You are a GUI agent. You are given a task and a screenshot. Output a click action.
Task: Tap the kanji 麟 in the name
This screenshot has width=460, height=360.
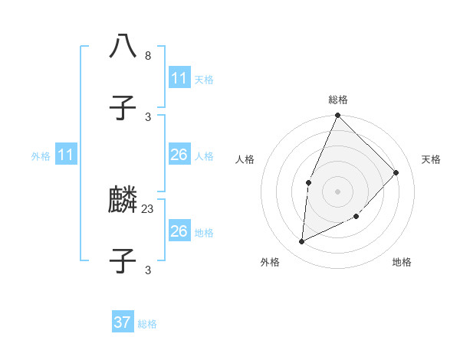(123, 201)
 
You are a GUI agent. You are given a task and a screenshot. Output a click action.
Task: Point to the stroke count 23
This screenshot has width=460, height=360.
(148, 208)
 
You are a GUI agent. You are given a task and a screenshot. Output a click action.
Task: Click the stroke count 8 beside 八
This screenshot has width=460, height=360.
(148, 56)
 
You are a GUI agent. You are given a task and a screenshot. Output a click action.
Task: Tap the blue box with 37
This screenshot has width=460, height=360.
(123, 322)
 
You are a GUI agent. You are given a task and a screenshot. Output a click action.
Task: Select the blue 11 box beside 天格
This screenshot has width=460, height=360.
(179, 78)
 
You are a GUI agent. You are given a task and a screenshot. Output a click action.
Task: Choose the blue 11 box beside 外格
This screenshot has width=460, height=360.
(66, 155)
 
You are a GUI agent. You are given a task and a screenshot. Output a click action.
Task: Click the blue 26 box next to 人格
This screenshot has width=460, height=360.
(179, 155)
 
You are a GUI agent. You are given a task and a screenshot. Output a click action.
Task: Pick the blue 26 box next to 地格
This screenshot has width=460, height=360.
(179, 231)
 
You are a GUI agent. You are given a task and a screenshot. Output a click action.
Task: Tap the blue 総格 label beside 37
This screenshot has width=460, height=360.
(147, 324)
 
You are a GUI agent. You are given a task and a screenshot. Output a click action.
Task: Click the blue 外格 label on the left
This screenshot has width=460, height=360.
(41, 156)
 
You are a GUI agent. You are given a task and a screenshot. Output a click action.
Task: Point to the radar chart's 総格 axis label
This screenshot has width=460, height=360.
(338, 100)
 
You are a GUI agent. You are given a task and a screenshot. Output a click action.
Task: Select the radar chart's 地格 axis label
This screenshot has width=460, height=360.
(402, 263)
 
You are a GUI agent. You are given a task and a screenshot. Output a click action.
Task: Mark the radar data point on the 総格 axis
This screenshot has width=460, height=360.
(338, 115)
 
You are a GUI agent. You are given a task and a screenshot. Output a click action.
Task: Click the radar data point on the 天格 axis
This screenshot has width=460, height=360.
(396, 172)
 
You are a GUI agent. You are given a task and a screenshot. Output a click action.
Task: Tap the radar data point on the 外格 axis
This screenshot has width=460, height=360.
(302, 241)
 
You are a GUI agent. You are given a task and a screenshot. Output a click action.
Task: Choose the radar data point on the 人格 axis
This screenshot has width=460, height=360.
(308, 182)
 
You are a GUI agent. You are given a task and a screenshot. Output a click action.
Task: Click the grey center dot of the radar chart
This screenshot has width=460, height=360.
(338, 191)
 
